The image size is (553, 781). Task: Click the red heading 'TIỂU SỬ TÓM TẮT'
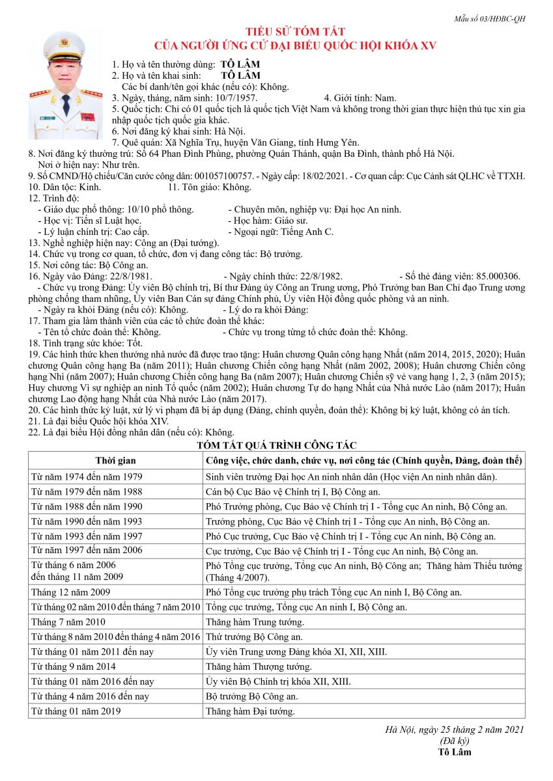pyautogui.click(x=294, y=32)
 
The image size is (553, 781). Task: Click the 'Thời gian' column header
pyautogui.click(x=115, y=461)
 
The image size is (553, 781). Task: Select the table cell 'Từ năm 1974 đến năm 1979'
pyautogui.click(x=87, y=476)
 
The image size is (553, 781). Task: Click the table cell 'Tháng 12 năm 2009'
pyautogui.click(x=71, y=592)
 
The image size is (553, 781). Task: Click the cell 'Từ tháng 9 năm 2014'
pyautogui.click(x=74, y=666)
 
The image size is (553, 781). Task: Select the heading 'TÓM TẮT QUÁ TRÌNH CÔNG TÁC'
pyautogui.click(x=276, y=445)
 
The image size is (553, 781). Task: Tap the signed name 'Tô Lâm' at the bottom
pyautogui.click(x=455, y=752)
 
